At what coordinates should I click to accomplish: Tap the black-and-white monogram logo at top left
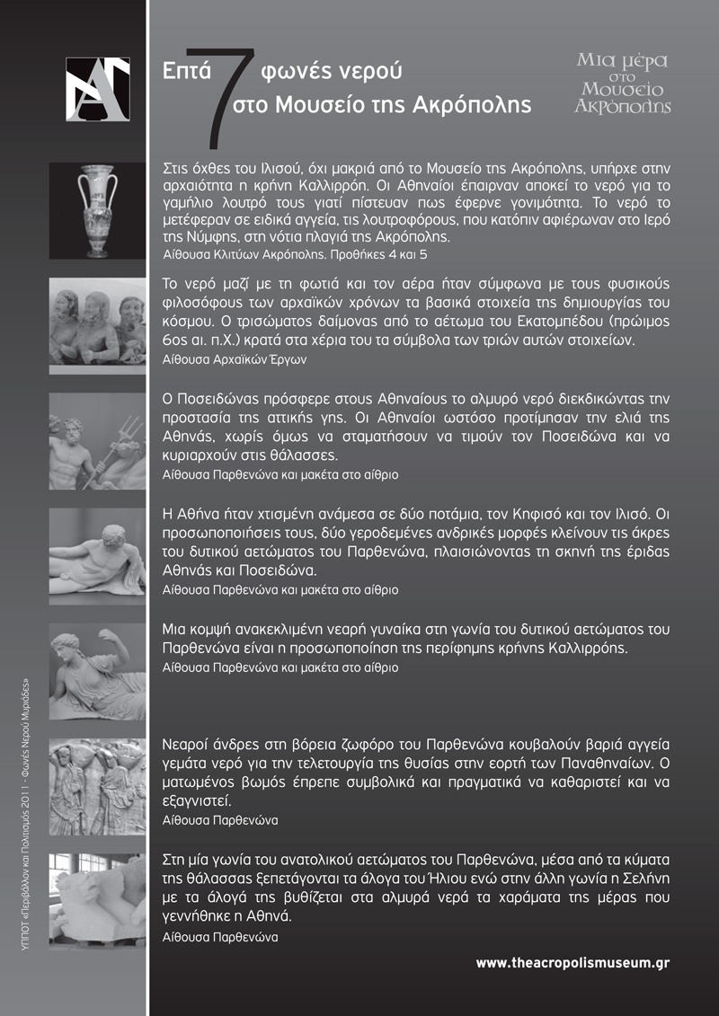[x=98, y=88]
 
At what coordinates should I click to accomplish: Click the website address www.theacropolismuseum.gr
[x=573, y=963]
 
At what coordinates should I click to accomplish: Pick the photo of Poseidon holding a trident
[x=97, y=440]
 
